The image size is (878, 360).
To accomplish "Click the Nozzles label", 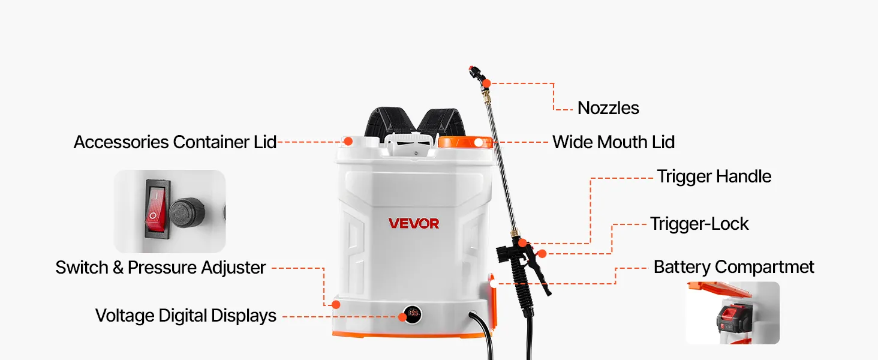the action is coord(608,108).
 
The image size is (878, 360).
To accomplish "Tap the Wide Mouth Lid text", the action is coord(614,142).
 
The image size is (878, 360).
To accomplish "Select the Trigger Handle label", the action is coord(714,176).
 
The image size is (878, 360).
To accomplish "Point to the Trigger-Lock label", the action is coord(699,224).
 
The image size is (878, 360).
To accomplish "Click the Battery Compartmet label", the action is coord(733,267).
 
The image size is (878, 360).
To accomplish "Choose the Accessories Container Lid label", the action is coord(175,142).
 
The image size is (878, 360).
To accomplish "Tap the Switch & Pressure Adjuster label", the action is coord(161,268).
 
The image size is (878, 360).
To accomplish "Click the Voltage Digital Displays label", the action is coord(186,316).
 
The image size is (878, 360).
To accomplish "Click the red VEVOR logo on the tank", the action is coord(414,224).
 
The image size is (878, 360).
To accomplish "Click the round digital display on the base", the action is coord(413,314).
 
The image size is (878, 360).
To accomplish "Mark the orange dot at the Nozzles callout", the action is coord(486,83).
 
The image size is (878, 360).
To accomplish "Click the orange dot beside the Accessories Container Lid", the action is coord(348,141).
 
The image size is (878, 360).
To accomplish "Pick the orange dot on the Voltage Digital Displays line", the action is coord(402,317).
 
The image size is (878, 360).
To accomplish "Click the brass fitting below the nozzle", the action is coord(486,94).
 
